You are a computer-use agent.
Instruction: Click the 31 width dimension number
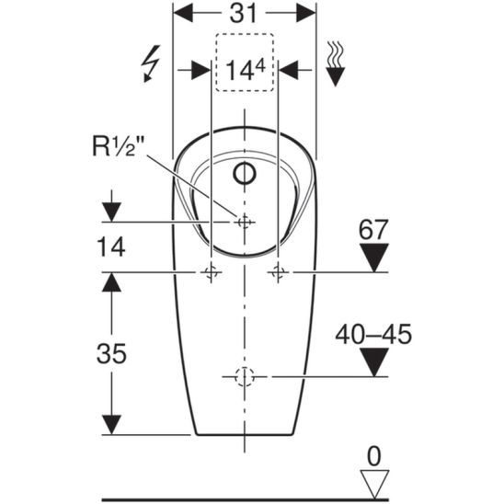click(x=244, y=13)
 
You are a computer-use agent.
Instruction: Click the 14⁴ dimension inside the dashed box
click(x=246, y=70)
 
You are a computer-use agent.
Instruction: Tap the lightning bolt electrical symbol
click(x=151, y=63)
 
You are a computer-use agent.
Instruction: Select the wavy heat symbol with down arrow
click(x=336, y=63)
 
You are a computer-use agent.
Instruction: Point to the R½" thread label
click(x=119, y=146)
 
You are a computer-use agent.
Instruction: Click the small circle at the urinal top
click(x=245, y=173)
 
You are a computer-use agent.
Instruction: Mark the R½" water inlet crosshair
click(x=244, y=222)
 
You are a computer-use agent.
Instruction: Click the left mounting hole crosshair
click(x=211, y=272)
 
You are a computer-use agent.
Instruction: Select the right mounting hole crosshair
click(x=278, y=272)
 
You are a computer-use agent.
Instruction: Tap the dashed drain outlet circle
click(x=245, y=376)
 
